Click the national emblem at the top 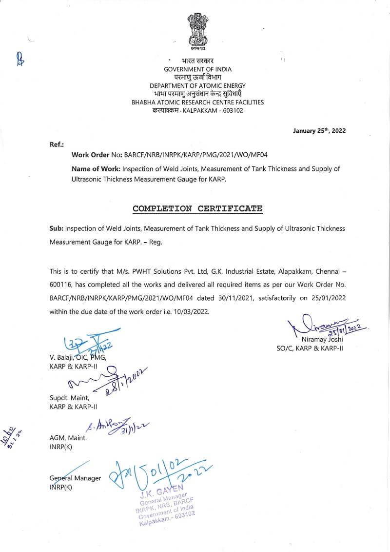click(x=197, y=32)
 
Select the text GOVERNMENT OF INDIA click(x=197, y=69)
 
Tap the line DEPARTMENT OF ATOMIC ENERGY click(x=197, y=86)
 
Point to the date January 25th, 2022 click(x=319, y=131)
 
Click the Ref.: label click(x=57, y=145)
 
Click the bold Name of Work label click(x=96, y=169)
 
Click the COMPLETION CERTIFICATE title click(x=197, y=208)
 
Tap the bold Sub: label click(x=56, y=228)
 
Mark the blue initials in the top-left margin click(x=20, y=59)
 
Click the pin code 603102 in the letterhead click(x=232, y=111)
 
